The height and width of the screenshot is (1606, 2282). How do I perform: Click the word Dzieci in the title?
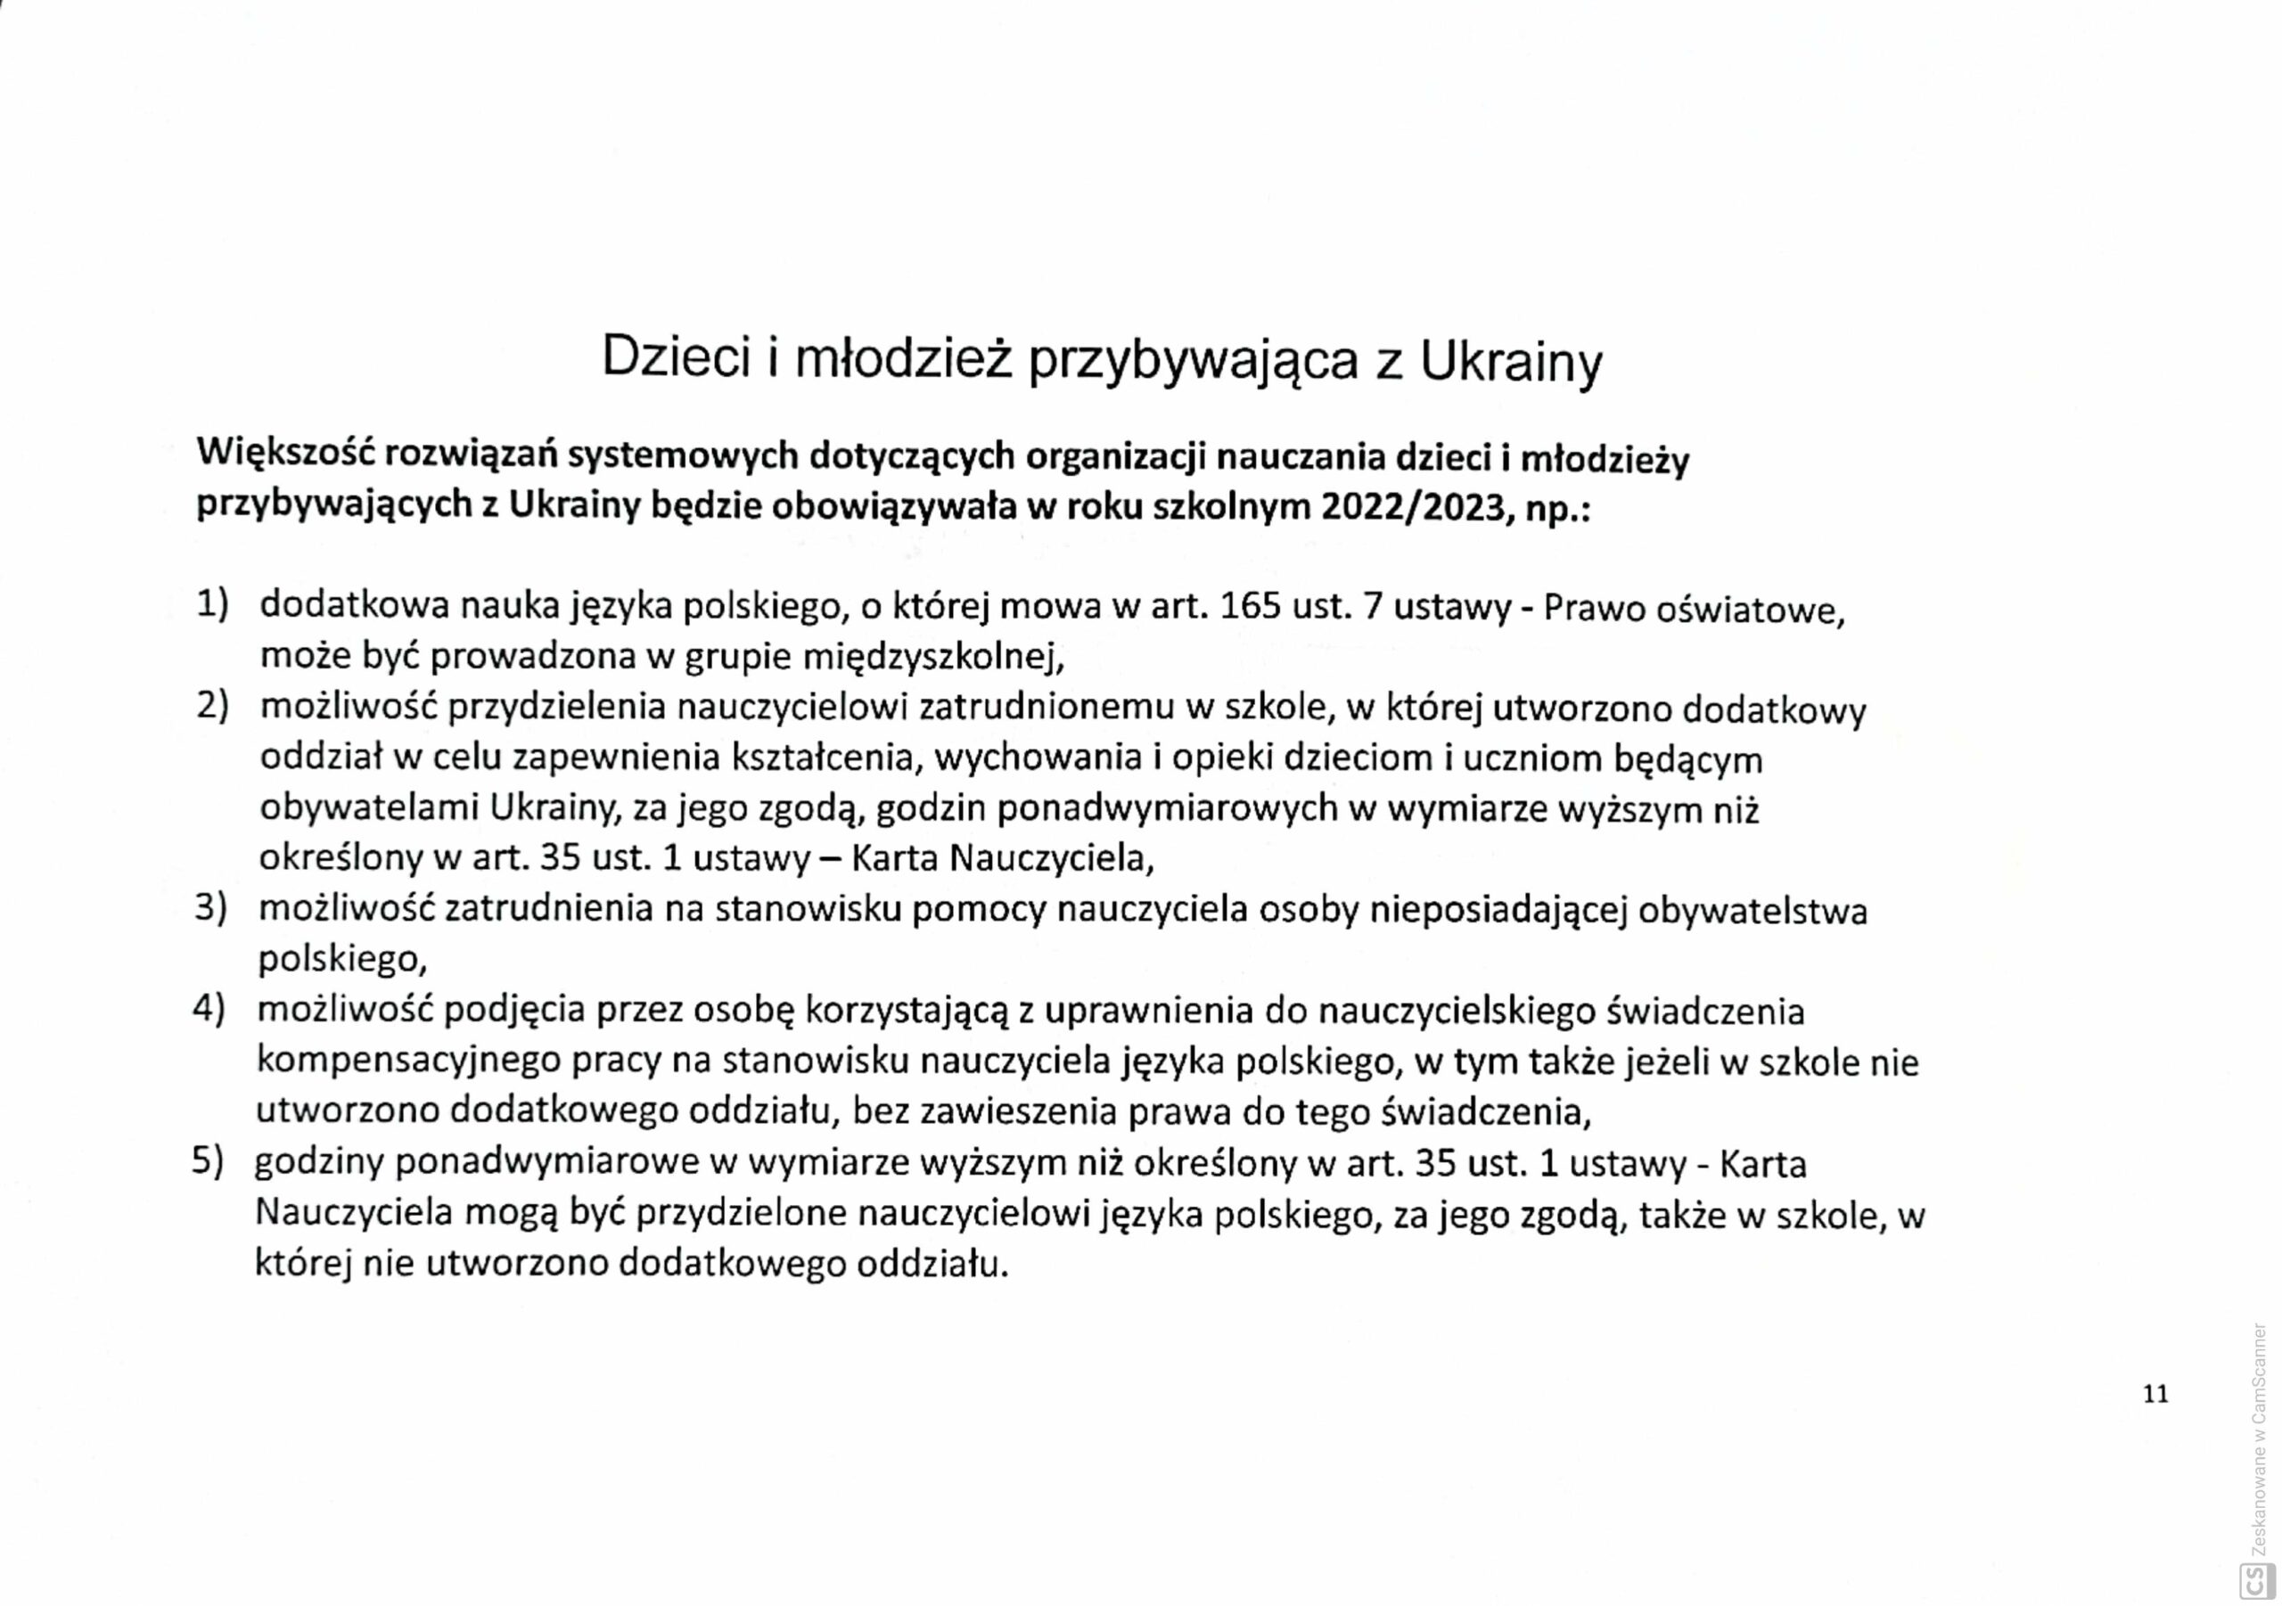[x=675, y=359]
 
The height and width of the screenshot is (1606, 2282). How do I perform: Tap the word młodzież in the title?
[x=902, y=359]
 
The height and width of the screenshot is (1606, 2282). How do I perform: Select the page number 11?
[x=2155, y=1393]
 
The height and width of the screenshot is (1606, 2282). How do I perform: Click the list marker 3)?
[x=209, y=908]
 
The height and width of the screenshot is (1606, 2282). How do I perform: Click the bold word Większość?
[x=283, y=455]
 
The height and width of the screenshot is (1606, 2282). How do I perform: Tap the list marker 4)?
[x=209, y=1010]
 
